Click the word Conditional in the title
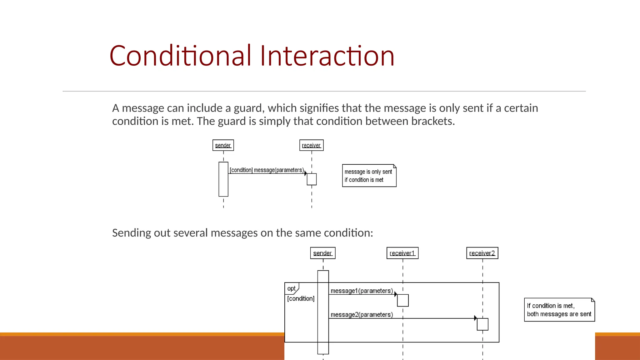pyautogui.click(x=180, y=56)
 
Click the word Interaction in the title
pyautogui.click(x=327, y=56)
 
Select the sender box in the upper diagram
pyautogui.click(x=223, y=145)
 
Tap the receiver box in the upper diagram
pyautogui.click(x=311, y=145)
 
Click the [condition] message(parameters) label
pyautogui.click(x=267, y=170)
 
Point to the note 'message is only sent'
pyautogui.click(x=369, y=176)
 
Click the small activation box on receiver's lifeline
pyautogui.click(x=312, y=179)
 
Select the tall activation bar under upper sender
pyautogui.click(x=223, y=179)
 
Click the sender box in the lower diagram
pyautogui.click(x=322, y=253)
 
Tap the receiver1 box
pyautogui.click(x=402, y=253)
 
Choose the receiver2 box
pyautogui.click(x=482, y=253)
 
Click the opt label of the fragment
pyautogui.click(x=291, y=288)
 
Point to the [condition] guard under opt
pyautogui.click(x=301, y=298)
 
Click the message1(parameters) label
pyautogui.click(x=362, y=291)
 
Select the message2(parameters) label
pyautogui.click(x=362, y=314)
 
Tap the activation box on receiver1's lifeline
pyautogui.click(x=403, y=300)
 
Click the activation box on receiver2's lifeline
pyautogui.click(x=482, y=324)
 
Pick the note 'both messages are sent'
pyautogui.click(x=559, y=310)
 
